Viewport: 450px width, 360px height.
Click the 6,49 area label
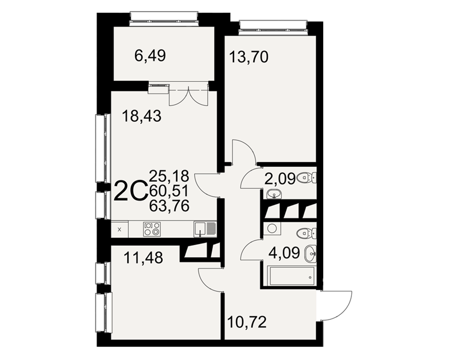[x=150, y=56]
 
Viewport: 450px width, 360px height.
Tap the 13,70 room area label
[x=249, y=57]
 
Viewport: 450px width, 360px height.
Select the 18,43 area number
[x=141, y=116]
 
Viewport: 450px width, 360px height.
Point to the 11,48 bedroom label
[x=143, y=257]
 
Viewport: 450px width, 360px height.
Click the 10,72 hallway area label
[x=247, y=322]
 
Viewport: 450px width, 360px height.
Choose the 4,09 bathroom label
[x=284, y=253]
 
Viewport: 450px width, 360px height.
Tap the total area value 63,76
[x=169, y=206]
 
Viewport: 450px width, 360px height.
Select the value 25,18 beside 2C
[x=169, y=175]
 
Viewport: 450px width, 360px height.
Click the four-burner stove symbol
[x=152, y=229]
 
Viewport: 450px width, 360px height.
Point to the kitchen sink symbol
[x=204, y=229]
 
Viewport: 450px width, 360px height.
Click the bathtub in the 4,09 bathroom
[x=291, y=275]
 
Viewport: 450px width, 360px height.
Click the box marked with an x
[x=120, y=229]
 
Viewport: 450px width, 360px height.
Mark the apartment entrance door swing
[x=334, y=305]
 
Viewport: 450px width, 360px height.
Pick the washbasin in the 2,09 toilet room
[x=274, y=194]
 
